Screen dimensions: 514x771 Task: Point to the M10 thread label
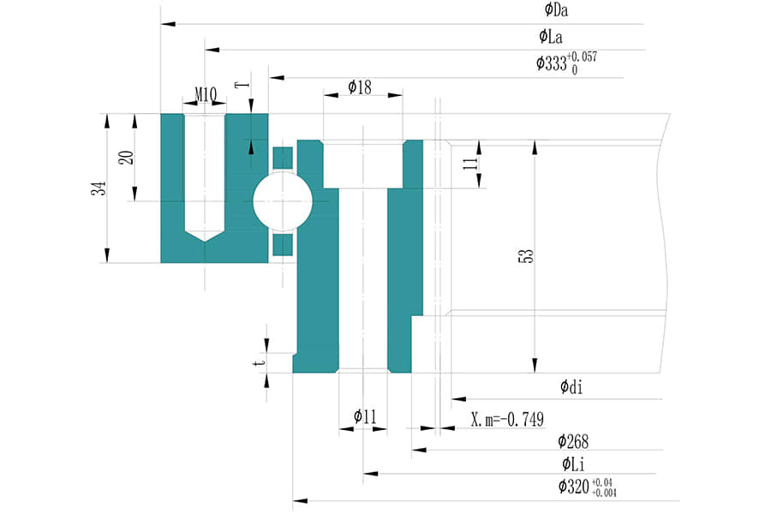tap(205, 93)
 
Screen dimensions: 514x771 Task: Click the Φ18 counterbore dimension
tap(360, 87)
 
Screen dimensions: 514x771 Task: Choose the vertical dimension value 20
tap(126, 158)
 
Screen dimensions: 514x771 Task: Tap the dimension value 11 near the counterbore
tap(470, 164)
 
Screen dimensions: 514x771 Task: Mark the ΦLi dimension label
tap(573, 465)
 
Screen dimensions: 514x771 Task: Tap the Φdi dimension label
tap(572, 387)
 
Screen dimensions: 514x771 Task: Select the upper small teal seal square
tap(282, 158)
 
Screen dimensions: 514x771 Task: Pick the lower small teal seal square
tap(282, 245)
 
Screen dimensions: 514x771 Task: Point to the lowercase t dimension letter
tap(256, 362)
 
